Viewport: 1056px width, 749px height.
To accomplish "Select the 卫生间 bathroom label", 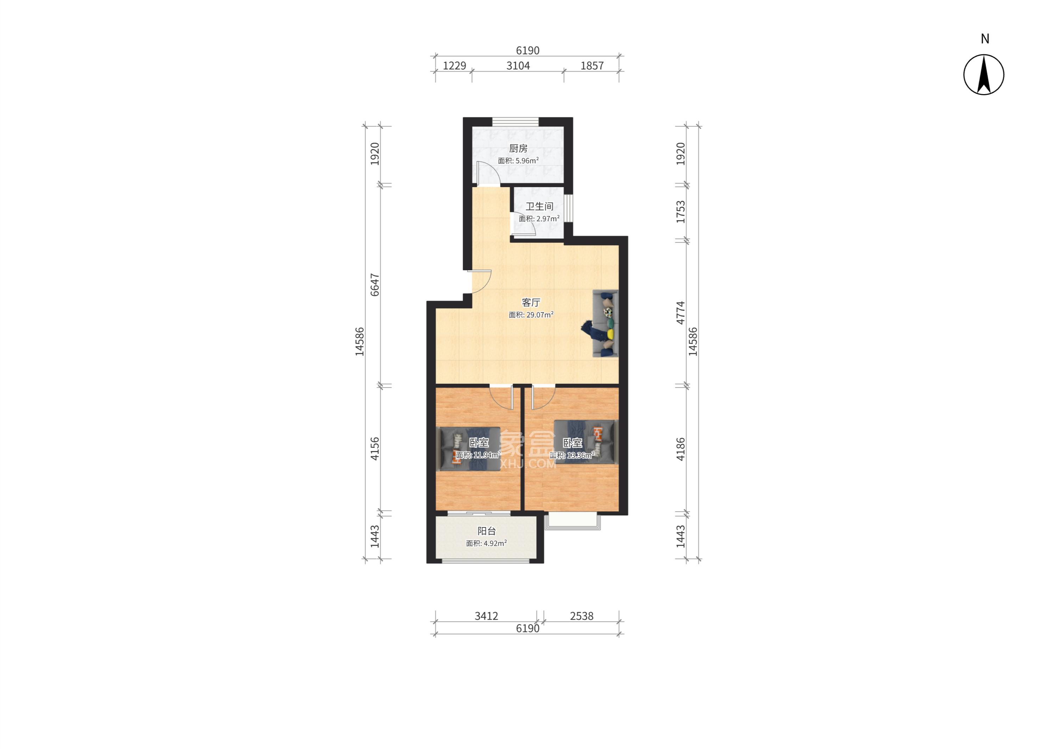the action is pyautogui.click(x=539, y=206).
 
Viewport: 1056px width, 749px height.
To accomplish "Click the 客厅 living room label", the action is pyautogui.click(x=531, y=303).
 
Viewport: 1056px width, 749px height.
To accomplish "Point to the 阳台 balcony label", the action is pyautogui.click(x=486, y=531).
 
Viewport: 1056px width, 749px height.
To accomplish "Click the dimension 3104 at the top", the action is pyautogui.click(x=518, y=66).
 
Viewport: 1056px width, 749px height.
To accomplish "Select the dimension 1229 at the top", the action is pyautogui.click(x=455, y=66).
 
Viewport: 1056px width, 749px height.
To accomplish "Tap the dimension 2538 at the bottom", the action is pyautogui.click(x=582, y=616).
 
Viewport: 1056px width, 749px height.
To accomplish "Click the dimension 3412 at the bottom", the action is pyautogui.click(x=486, y=616).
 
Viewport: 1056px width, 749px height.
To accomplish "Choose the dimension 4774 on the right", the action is pyautogui.click(x=680, y=313).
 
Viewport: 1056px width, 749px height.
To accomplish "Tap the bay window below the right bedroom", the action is pyautogui.click(x=573, y=521).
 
